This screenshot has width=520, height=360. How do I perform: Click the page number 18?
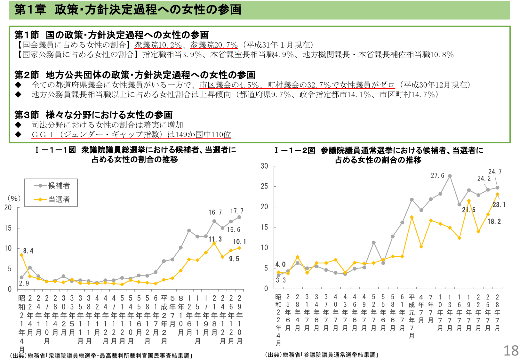click(x=511, y=351)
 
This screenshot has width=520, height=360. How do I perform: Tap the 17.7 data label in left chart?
click(x=237, y=211)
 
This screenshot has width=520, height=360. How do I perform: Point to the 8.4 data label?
click(x=28, y=251)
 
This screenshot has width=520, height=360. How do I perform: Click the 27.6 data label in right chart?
click(x=437, y=175)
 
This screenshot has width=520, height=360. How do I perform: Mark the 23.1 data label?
click(x=499, y=205)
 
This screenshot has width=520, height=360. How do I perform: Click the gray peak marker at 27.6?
click(x=450, y=176)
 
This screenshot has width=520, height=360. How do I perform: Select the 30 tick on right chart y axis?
click(x=264, y=166)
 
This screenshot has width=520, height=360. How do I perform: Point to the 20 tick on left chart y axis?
click(x=8, y=208)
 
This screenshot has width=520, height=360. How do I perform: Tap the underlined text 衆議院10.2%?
click(x=158, y=45)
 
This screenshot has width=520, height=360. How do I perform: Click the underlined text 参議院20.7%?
click(x=214, y=45)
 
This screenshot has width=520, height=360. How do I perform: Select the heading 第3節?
click(x=27, y=115)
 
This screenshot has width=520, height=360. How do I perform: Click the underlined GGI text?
click(x=131, y=134)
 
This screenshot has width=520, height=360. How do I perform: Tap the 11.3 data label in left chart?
click(x=215, y=239)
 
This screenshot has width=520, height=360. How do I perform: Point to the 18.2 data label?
click(x=494, y=221)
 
